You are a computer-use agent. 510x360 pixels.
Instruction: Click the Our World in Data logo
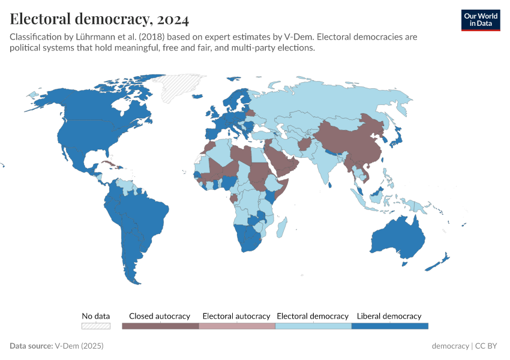480,20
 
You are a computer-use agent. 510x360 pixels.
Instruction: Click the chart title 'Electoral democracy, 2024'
100,19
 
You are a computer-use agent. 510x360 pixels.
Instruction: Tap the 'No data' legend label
96,316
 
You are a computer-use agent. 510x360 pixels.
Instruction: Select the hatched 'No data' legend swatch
96,326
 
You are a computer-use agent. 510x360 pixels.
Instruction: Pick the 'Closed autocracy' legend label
160,316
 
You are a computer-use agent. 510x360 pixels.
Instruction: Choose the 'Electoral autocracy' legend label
236,316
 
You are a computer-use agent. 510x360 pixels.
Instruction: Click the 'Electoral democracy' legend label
313,316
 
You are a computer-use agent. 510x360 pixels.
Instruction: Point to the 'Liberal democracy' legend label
389,316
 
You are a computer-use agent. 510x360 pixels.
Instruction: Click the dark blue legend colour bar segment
389,326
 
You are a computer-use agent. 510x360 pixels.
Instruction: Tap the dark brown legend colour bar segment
160,326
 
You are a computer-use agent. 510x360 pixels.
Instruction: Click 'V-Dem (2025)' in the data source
79,346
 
